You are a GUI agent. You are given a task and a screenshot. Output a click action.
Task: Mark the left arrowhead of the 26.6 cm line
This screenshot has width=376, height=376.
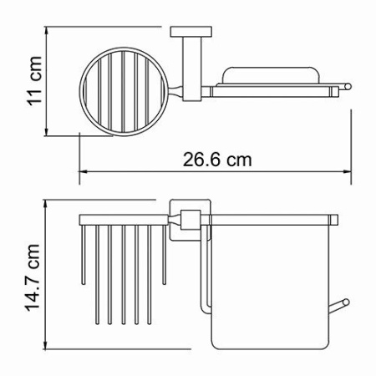(x=83, y=173)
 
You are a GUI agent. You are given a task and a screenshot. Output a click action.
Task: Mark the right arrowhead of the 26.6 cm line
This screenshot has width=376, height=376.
(x=348, y=173)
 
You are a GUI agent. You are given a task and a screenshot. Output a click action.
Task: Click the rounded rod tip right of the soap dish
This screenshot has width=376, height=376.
(x=349, y=84)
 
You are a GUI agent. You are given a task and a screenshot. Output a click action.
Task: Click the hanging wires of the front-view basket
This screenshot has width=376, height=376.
(x=124, y=276)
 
